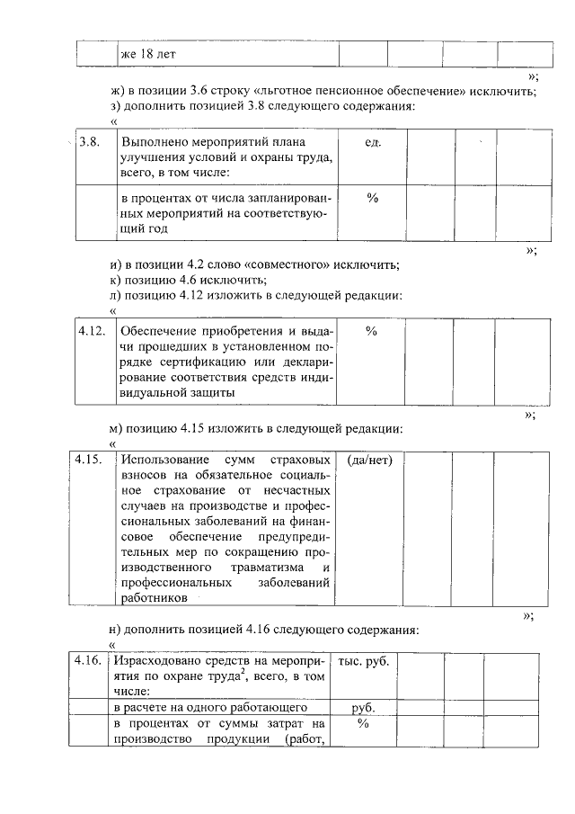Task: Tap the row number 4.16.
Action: [x=88, y=661]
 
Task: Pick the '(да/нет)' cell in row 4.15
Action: [x=368, y=460]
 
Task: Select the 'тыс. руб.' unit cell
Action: [x=364, y=661]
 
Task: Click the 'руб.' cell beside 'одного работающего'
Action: [x=364, y=707]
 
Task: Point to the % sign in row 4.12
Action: [x=371, y=331]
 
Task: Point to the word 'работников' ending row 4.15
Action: [x=151, y=596]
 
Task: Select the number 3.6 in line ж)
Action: [x=200, y=92]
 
